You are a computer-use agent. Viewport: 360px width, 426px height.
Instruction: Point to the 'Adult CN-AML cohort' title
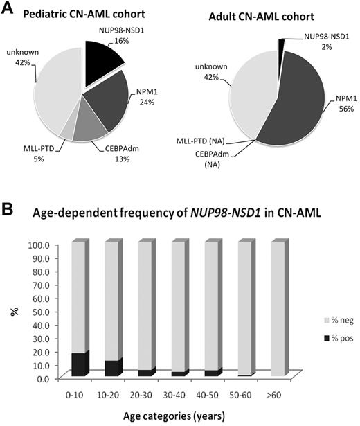[x=265, y=16]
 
